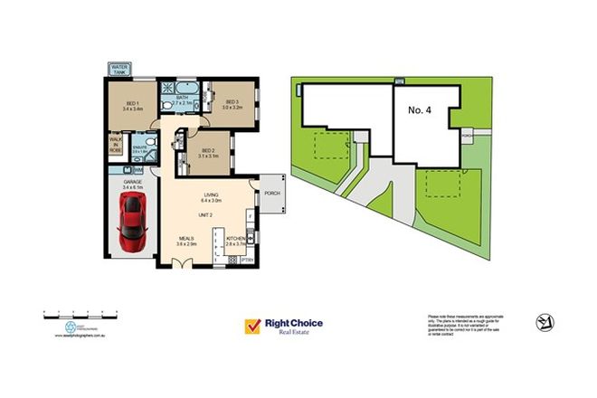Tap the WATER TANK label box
pyautogui.click(x=119, y=69)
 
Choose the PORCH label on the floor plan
pyautogui.click(x=270, y=193)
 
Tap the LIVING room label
pyautogui.click(x=213, y=196)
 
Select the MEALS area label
pyautogui.click(x=186, y=242)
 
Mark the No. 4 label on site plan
pyautogui.click(x=422, y=109)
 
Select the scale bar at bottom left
pyautogui.click(x=67, y=314)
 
